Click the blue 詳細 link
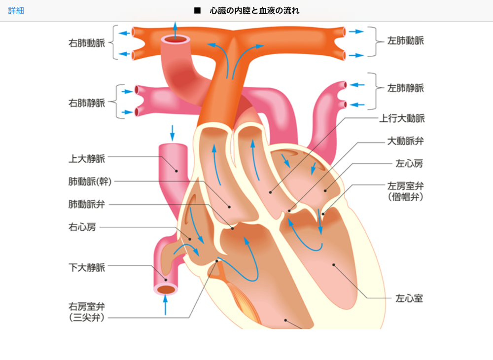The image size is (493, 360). click(16, 11)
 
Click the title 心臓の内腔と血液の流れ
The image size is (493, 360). click(255, 11)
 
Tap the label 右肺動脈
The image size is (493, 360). click(87, 43)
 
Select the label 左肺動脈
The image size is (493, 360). click(406, 40)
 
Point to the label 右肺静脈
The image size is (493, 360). click(87, 103)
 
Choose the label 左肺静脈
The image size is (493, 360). click(406, 88)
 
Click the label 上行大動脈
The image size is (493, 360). click(402, 118)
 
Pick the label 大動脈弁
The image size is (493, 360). click(406, 141)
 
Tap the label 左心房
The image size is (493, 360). click(409, 164)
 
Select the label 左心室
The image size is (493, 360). click(409, 298)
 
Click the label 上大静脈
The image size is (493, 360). click(87, 159)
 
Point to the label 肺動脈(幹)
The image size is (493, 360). click(90, 181)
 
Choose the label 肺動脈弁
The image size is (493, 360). click(87, 204)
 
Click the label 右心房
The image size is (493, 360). click(82, 227)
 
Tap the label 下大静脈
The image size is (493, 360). click(87, 268)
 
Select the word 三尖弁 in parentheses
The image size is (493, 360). click(87, 318)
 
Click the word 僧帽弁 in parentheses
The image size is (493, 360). click(406, 197)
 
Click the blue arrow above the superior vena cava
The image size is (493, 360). click(172, 133)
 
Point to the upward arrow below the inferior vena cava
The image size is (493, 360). click(165, 305)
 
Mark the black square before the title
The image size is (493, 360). click(198, 11)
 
